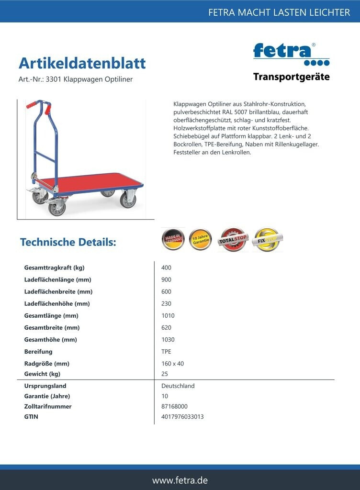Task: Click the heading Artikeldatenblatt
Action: pos(82,63)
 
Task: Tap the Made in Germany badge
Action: pos(173,239)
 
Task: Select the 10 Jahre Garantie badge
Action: pos(200,239)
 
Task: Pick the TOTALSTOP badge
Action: pos(233,239)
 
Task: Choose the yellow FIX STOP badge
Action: pos(267,239)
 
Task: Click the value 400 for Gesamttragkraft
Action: pos(167,267)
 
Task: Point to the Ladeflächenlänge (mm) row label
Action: pos(57,279)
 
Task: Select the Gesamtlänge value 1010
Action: pos(168,316)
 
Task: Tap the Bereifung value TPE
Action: pos(167,352)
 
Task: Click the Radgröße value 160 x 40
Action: pos(173,364)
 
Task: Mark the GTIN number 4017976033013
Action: pos(182,417)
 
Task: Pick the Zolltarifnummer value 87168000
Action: pos(175,406)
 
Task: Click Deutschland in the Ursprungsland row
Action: pos(178,386)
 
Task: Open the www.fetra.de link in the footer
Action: pos(180,480)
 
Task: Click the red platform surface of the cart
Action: pos(91,181)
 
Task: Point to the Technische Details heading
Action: pos(68,242)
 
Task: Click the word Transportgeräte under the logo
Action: pos(291,77)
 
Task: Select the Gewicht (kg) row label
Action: pos(42,374)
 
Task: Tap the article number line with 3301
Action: pos(75,79)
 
